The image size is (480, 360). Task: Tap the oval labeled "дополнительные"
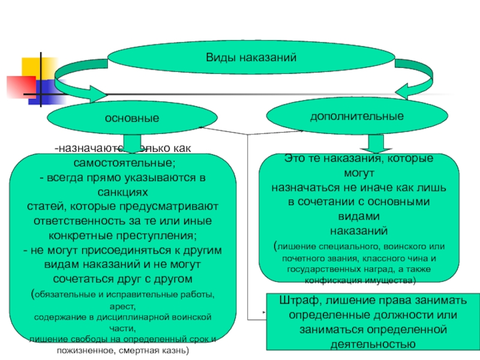click(x=356, y=114)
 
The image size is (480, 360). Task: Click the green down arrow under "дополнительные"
click(x=376, y=144)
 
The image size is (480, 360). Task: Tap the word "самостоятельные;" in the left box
click(x=125, y=163)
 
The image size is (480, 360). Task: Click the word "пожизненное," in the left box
click(x=82, y=349)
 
